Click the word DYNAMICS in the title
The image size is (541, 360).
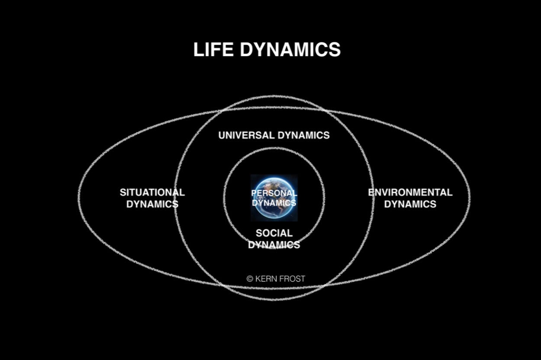click(x=290, y=50)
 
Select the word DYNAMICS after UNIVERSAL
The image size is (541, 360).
click(x=303, y=135)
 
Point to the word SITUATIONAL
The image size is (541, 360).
click(x=152, y=193)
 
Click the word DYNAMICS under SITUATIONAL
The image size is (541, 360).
click(x=152, y=204)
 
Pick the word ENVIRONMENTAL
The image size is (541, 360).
click(x=410, y=193)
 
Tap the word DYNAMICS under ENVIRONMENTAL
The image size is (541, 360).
click(x=410, y=204)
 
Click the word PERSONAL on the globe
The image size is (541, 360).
click(x=274, y=193)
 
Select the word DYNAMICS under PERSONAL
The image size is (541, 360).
click(x=274, y=202)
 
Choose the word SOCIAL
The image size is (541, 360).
click(x=274, y=233)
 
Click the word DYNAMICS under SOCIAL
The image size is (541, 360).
click(x=274, y=245)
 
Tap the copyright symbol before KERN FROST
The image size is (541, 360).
click(x=250, y=279)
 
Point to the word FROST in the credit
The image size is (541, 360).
click(x=291, y=279)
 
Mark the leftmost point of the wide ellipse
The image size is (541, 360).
click(x=79, y=197)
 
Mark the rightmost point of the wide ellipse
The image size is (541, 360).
click(x=470, y=197)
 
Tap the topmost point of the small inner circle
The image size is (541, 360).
click(x=274, y=148)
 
